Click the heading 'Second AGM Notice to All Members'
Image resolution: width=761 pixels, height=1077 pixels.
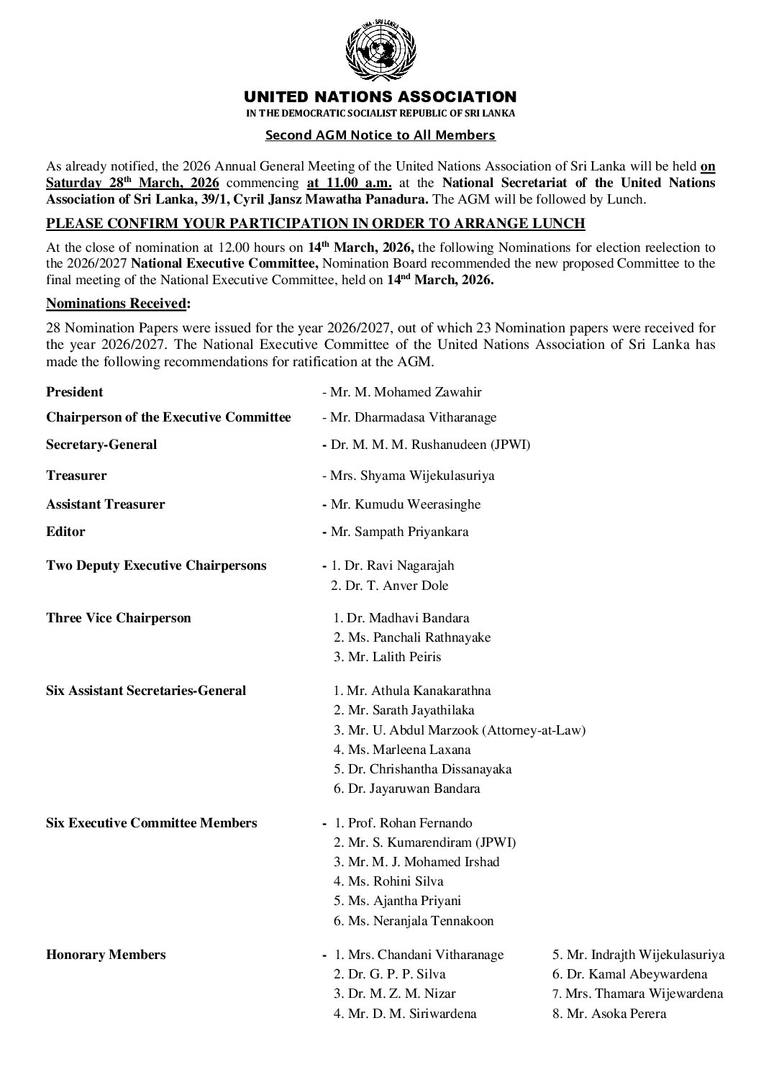coord(380,135)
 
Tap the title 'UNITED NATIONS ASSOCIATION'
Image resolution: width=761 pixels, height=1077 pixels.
coord(380,96)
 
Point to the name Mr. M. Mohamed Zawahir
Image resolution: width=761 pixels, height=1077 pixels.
coord(406,392)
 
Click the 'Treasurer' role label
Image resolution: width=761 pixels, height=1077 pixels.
coord(76,476)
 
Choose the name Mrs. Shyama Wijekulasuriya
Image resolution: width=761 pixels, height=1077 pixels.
coord(412,476)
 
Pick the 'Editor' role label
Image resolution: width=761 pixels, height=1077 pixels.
coord(65,532)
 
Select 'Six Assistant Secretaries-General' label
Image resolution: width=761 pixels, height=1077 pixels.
coord(146,691)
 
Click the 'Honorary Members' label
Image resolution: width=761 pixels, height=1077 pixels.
coord(106,955)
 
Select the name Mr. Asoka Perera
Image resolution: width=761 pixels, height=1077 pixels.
coord(616,1014)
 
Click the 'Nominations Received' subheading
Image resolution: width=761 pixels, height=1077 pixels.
coord(117,304)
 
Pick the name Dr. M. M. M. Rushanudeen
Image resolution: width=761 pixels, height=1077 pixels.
coord(430,445)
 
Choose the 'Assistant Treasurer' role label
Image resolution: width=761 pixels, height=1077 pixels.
coord(105,504)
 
